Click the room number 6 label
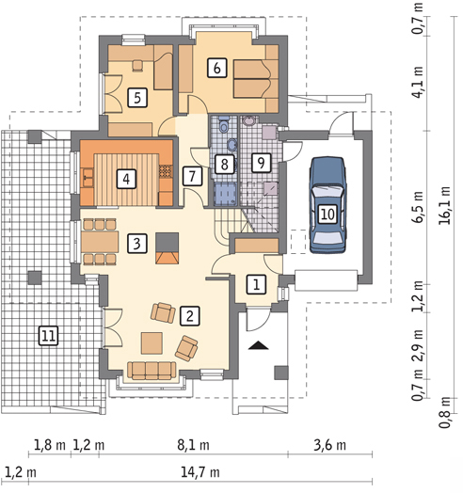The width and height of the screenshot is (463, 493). (217, 68)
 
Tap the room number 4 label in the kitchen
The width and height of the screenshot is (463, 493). (126, 179)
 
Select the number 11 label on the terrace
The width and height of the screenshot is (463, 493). (48, 336)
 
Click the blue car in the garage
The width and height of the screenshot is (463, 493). (327, 205)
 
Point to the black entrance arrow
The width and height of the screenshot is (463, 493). (259, 345)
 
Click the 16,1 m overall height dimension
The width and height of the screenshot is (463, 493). (445, 206)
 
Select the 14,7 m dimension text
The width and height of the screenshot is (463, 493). (200, 472)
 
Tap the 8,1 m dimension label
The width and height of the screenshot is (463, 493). (193, 446)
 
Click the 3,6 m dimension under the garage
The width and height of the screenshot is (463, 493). (330, 446)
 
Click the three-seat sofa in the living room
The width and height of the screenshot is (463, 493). (152, 371)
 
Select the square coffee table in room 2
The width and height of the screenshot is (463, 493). (152, 343)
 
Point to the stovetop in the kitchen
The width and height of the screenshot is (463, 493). (166, 171)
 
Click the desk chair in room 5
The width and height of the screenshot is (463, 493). (137, 66)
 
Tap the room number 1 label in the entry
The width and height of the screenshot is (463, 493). (256, 285)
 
